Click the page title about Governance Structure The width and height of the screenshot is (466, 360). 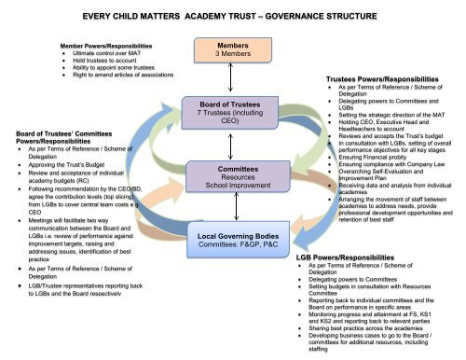click(x=232, y=15)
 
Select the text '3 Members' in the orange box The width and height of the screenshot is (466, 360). click(x=225, y=55)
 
